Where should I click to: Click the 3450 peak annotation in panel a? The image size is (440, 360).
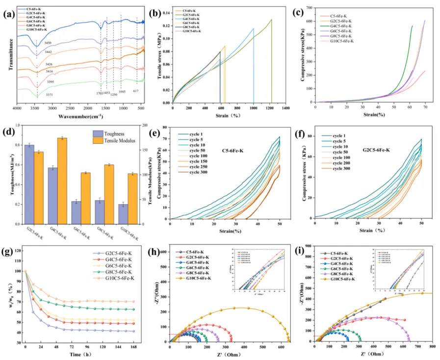48,43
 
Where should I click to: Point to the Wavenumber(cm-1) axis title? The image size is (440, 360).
81,116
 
